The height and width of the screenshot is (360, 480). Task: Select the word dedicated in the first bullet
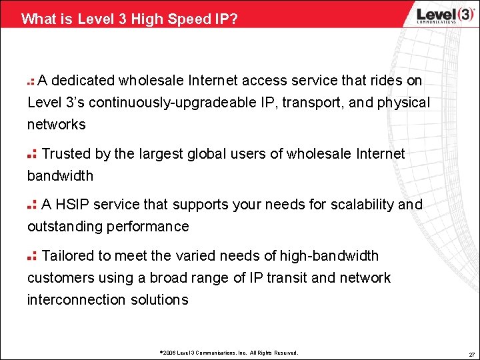(83, 81)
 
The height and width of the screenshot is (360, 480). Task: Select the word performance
(151, 227)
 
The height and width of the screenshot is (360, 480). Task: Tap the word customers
(57, 278)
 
